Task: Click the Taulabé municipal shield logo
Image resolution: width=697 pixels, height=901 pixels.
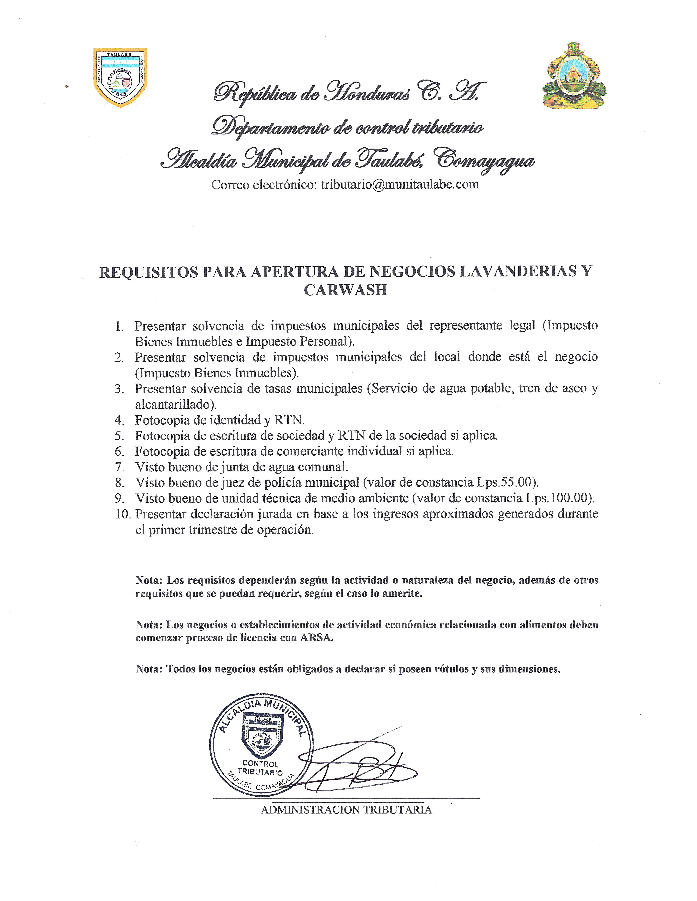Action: coord(120,77)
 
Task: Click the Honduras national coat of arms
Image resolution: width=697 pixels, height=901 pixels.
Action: coord(574,76)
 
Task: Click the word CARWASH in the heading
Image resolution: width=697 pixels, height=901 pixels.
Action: coord(346,290)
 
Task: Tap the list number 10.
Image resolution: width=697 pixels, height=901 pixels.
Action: coord(122,514)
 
